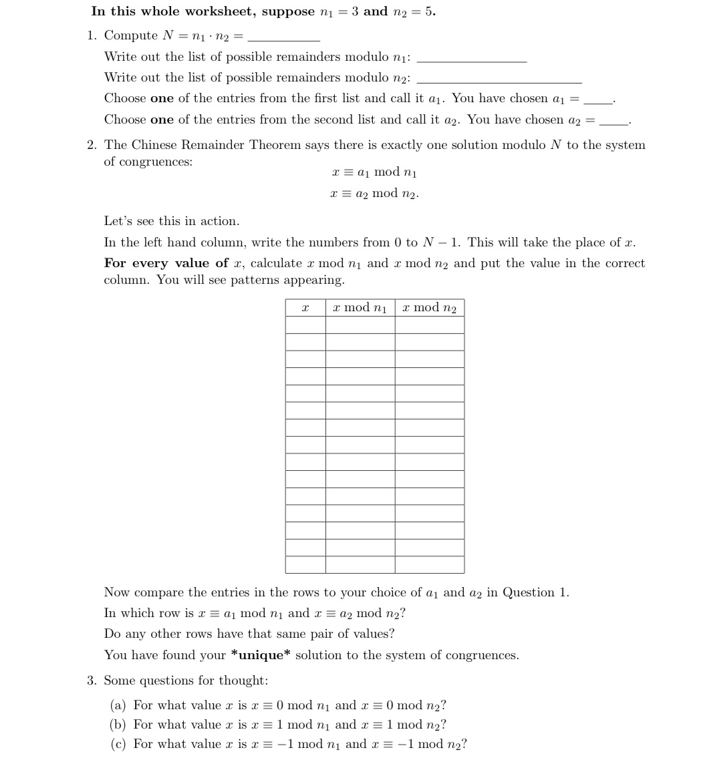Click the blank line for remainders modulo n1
[471, 59]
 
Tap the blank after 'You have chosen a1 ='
[597, 101]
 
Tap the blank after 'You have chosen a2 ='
[613, 122]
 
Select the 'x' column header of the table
[305, 307]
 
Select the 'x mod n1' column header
[360, 307]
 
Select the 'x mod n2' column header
[429, 307]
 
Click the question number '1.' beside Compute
[94, 35]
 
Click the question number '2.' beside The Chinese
[94, 145]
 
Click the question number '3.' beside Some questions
[94, 681]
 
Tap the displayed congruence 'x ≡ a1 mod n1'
[374, 172]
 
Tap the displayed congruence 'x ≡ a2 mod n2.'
[374, 194]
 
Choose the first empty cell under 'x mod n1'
[360, 325]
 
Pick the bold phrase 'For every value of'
[166, 263]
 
